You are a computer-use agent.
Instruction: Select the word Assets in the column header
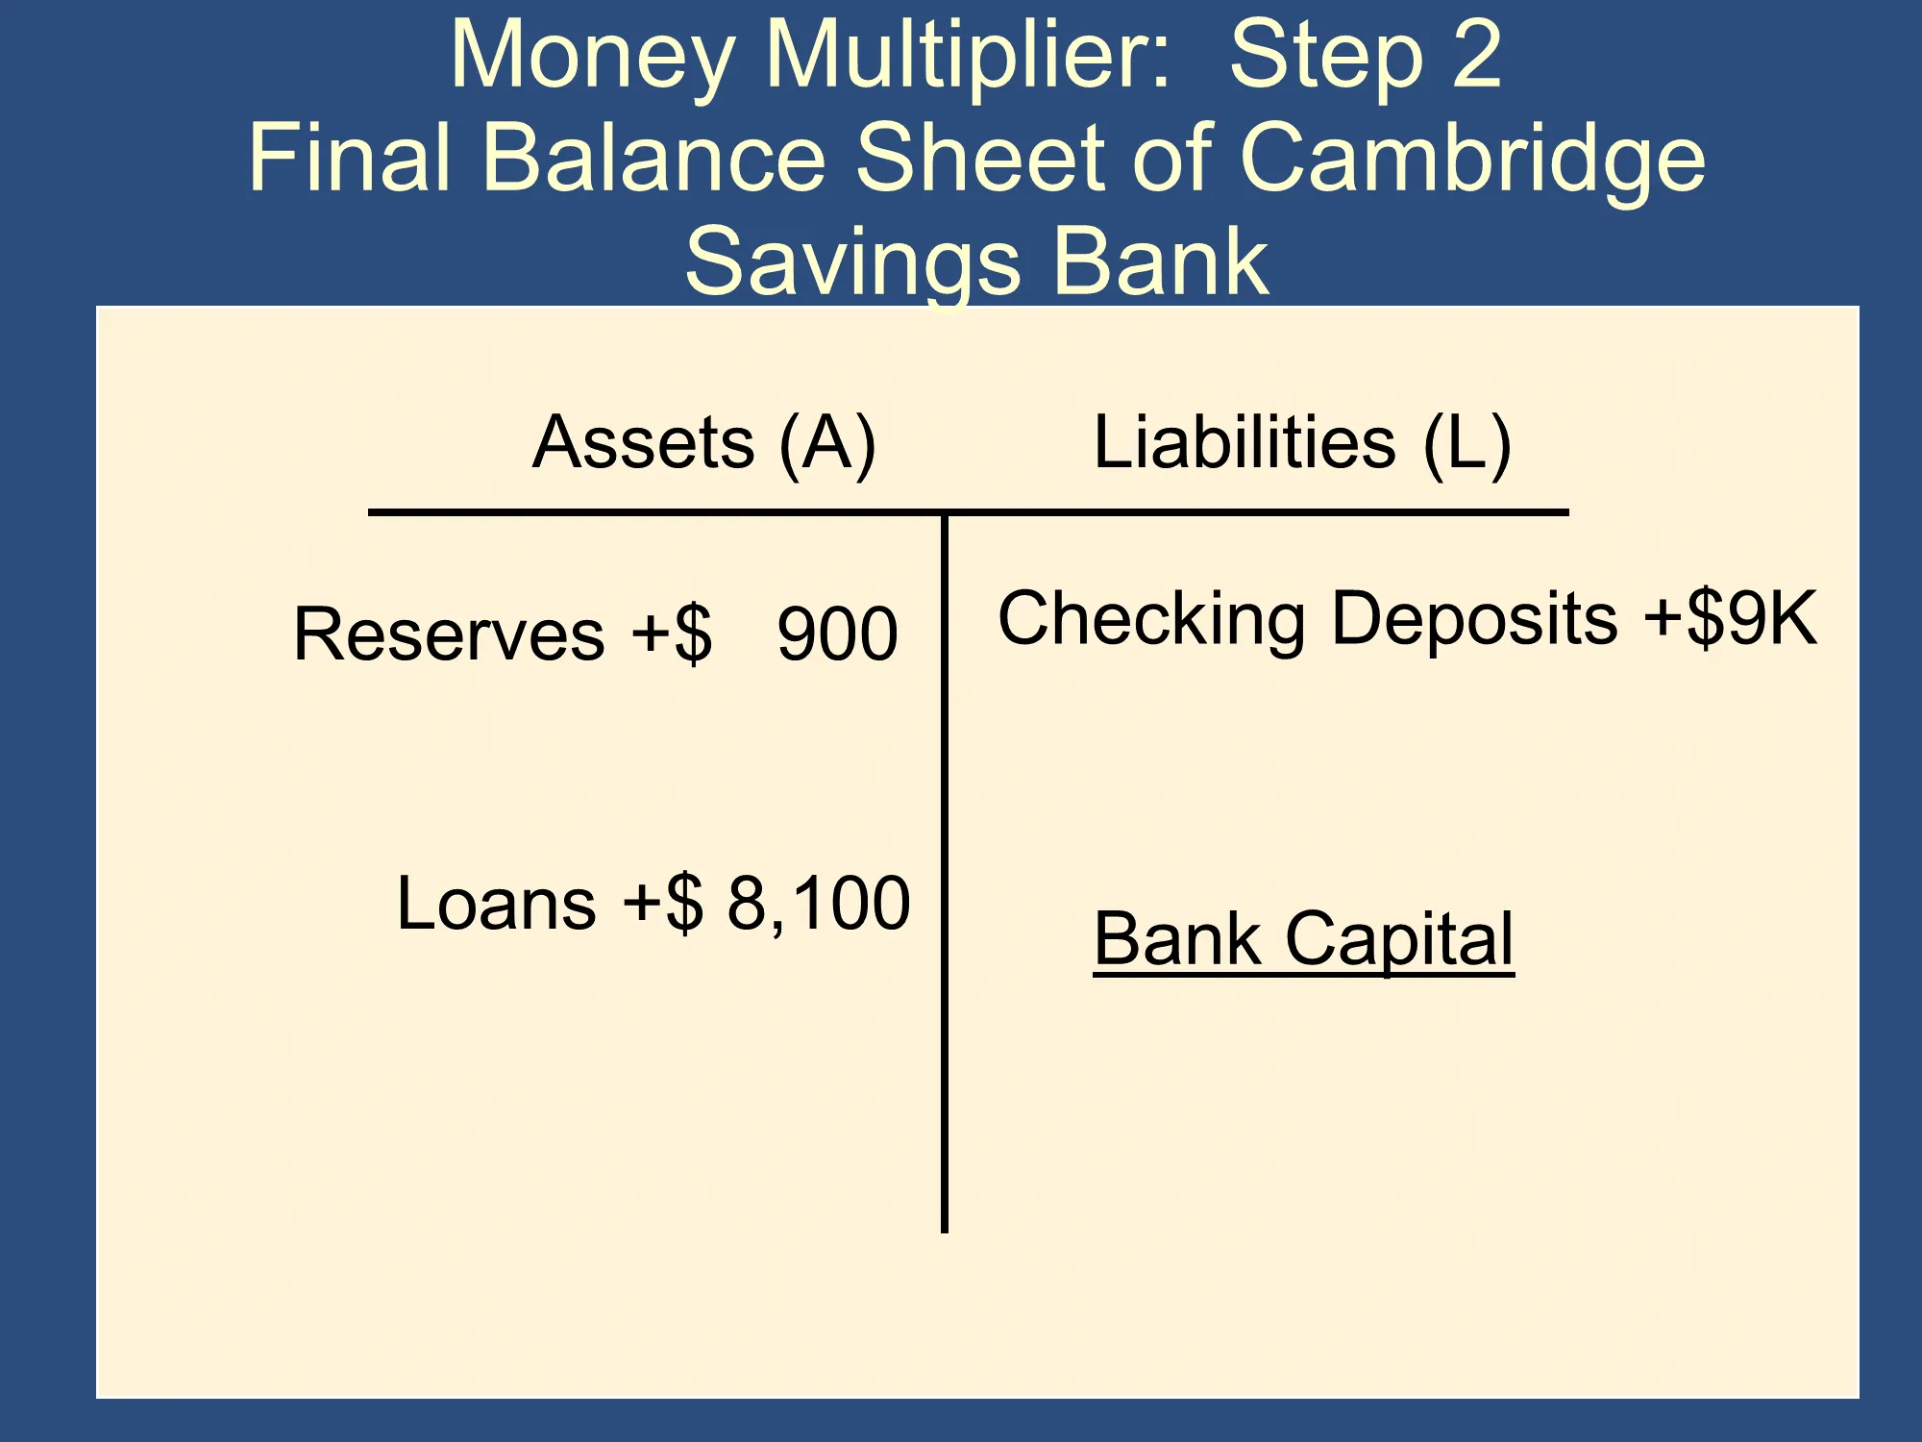tap(644, 442)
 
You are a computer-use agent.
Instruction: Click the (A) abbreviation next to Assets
tap(827, 444)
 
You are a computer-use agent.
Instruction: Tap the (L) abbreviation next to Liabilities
tap(1467, 444)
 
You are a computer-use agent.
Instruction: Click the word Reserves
tap(450, 634)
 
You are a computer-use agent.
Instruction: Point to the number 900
tap(837, 634)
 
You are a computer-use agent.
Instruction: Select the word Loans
tap(497, 904)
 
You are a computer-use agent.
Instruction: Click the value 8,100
tap(819, 904)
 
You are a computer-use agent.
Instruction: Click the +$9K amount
tap(1731, 617)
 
